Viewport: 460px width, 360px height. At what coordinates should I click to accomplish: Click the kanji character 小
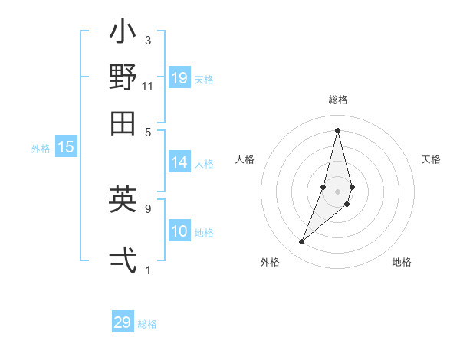tap(123, 35)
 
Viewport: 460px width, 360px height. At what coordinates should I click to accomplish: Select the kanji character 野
tap(123, 78)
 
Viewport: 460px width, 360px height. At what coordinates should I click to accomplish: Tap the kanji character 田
tap(123, 122)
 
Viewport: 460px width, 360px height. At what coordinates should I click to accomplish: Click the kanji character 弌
tap(123, 260)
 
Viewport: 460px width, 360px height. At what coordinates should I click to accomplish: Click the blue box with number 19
tap(179, 78)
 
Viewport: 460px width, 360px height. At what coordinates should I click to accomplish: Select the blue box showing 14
tap(179, 162)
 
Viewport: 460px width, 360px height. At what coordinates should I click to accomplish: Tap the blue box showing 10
tap(179, 232)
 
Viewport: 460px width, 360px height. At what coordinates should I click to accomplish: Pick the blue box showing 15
tap(66, 148)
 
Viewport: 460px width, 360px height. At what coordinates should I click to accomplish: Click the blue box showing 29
tap(123, 322)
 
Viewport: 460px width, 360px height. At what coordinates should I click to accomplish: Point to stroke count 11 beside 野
tap(148, 86)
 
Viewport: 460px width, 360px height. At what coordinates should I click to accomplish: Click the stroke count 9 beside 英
tap(148, 208)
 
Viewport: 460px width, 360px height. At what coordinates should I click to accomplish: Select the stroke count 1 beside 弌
tap(148, 270)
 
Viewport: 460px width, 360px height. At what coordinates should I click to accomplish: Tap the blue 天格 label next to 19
tap(204, 79)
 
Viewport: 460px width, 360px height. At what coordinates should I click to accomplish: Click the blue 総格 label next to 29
tap(147, 324)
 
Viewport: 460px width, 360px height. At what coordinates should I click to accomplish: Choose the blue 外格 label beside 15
tap(41, 149)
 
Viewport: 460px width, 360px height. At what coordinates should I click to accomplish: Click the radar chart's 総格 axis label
tap(337, 100)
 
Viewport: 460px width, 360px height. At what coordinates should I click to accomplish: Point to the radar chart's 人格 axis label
tap(245, 159)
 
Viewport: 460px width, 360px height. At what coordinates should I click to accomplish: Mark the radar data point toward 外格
tap(302, 242)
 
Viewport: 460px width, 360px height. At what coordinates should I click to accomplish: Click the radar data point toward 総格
tap(337, 130)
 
